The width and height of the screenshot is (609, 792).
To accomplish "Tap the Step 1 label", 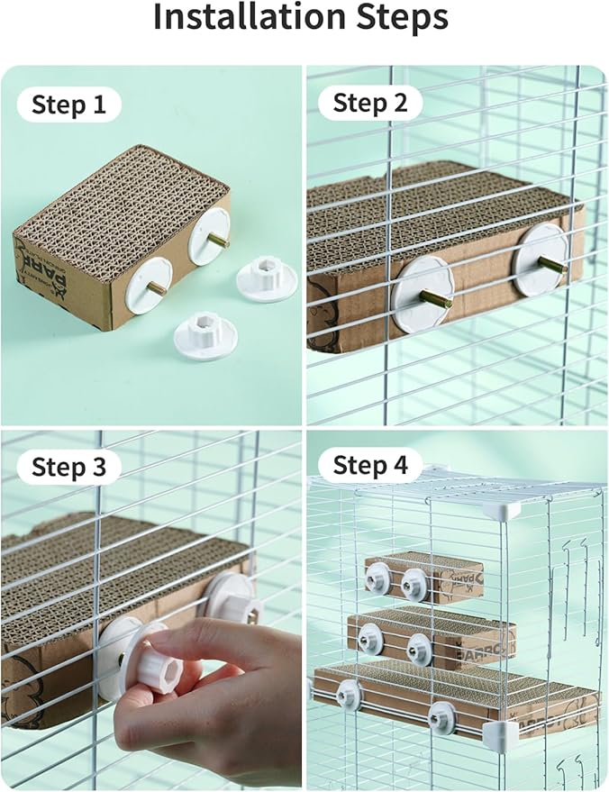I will [68, 105].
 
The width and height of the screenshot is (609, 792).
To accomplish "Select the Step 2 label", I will [370, 104].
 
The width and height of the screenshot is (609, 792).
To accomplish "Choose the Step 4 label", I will [370, 466].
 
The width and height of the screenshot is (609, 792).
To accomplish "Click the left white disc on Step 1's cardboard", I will [148, 285].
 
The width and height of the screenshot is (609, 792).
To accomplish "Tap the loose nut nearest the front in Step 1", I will [205, 336].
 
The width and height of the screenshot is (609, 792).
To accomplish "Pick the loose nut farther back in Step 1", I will [267, 278].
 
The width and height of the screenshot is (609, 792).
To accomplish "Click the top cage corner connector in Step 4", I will [499, 510].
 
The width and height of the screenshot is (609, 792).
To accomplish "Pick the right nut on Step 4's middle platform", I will [419, 645].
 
